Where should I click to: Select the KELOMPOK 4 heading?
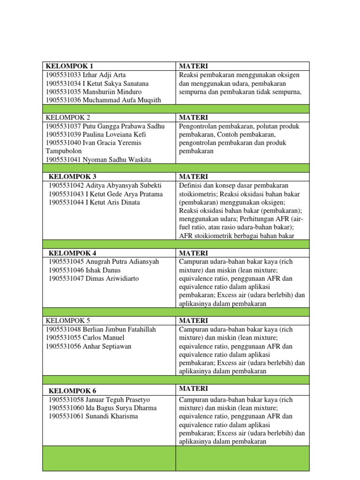(72, 253)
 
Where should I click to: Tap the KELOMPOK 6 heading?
(72, 390)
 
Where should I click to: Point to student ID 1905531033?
(63, 75)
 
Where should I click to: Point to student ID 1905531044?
(66, 202)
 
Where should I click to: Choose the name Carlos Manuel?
(104, 338)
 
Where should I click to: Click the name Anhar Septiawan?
(107, 346)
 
